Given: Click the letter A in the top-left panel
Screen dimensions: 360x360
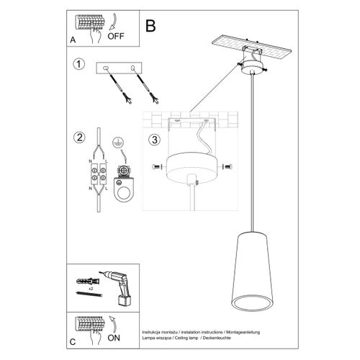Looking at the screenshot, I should click(73, 41).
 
